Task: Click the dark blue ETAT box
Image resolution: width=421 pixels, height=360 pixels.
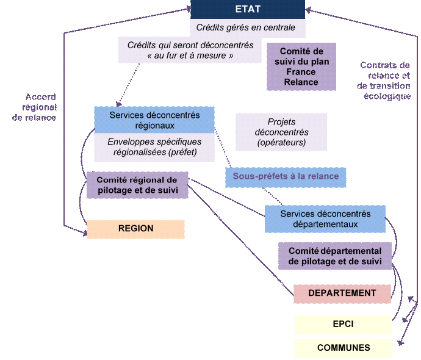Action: [x=247, y=10]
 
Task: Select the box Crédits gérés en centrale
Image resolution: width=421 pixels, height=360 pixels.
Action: [x=247, y=28]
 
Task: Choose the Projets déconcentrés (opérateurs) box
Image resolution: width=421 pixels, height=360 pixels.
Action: [x=281, y=132]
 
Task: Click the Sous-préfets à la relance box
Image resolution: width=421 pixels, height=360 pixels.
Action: [x=282, y=177]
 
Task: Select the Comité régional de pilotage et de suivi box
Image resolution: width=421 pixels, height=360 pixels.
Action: [x=137, y=185]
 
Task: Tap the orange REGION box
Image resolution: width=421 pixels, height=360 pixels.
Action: [x=135, y=229]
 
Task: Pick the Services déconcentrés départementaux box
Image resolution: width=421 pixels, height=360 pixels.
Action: [x=325, y=219]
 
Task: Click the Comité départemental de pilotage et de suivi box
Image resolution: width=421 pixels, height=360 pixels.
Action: [x=335, y=256]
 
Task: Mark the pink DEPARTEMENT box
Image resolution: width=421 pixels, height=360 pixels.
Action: [x=342, y=293]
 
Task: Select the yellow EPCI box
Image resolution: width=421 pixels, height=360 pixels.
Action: [x=343, y=324]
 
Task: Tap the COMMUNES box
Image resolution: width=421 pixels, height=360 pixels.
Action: [x=343, y=348]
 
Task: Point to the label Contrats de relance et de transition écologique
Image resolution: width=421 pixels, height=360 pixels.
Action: [x=384, y=81]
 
